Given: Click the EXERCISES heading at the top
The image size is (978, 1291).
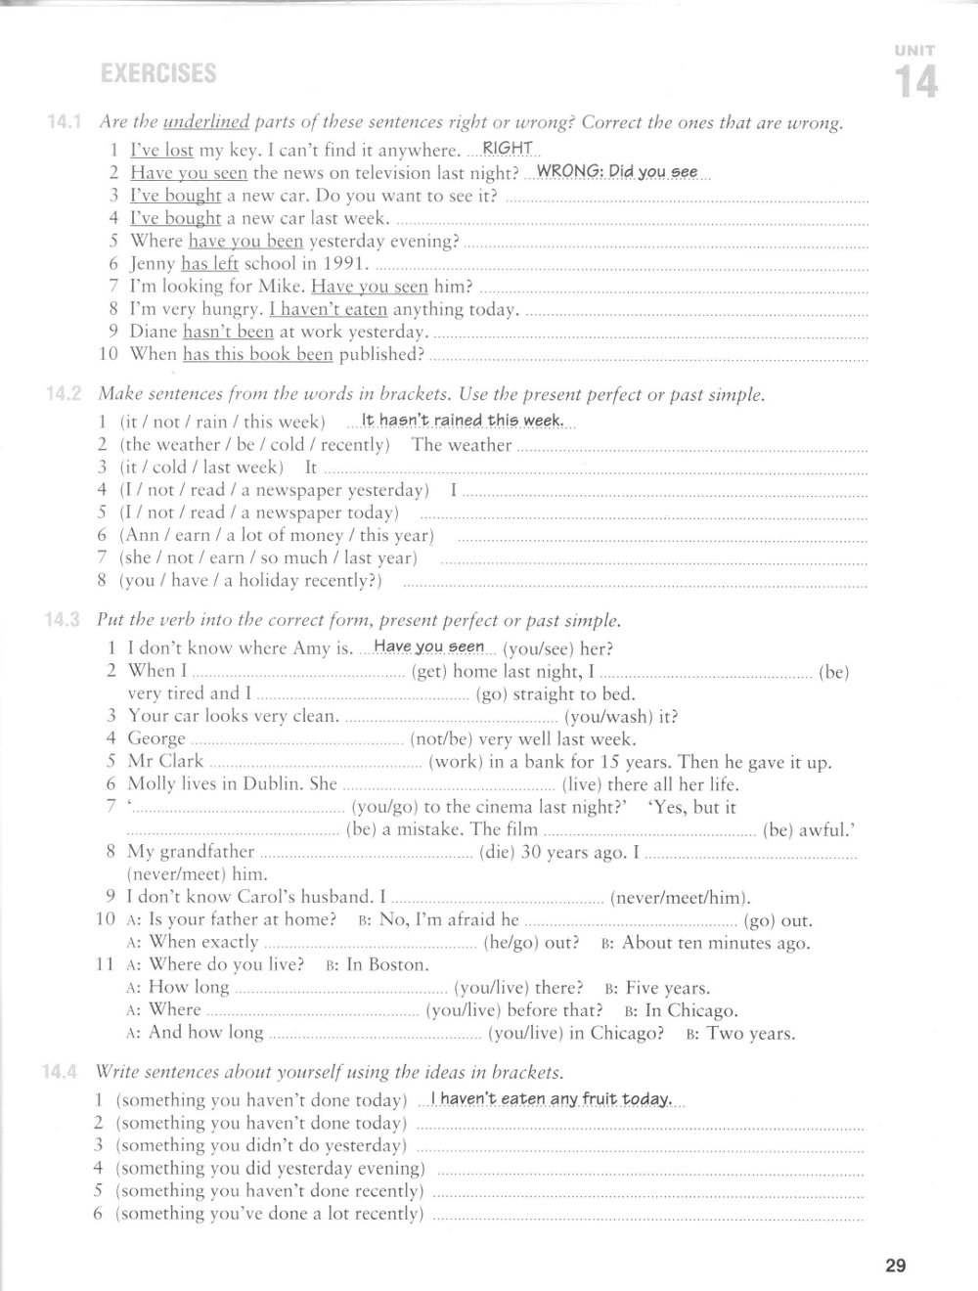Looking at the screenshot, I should [x=158, y=73].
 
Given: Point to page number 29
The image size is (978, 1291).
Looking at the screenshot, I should [x=896, y=1267].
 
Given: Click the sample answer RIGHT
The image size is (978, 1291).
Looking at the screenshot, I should [x=508, y=148].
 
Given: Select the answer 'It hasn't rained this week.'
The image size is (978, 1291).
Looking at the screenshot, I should [x=462, y=421].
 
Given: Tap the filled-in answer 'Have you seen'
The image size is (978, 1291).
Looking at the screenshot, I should [x=429, y=646].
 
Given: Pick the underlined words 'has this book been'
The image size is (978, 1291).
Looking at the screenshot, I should [x=258, y=354].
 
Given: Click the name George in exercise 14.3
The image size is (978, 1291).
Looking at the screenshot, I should [x=156, y=738].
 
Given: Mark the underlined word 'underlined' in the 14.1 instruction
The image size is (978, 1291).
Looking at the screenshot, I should [x=206, y=123].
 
